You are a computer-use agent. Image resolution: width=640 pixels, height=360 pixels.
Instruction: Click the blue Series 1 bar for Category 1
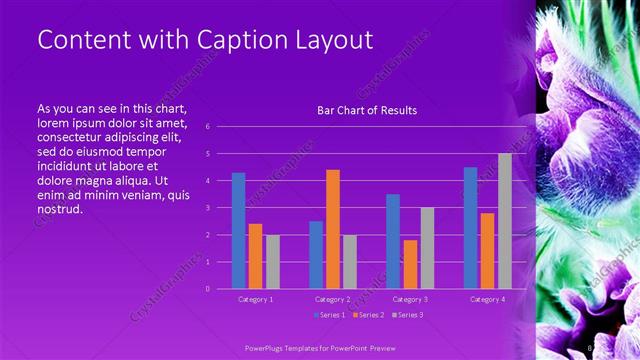click(x=238, y=230)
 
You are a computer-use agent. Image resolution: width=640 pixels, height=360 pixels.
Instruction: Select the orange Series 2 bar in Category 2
click(x=333, y=229)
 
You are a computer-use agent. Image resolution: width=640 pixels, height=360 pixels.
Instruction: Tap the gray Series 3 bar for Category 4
click(x=505, y=221)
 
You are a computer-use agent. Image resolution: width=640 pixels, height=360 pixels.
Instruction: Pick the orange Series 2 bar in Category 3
click(x=410, y=264)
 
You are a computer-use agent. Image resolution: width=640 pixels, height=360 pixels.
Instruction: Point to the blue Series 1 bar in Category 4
click(x=470, y=228)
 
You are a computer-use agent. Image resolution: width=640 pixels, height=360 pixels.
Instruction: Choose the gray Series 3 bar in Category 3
click(x=427, y=248)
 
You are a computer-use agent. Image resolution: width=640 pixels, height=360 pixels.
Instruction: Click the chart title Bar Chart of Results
click(x=367, y=110)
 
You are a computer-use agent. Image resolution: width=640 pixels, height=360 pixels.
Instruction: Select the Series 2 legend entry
click(x=367, y=315)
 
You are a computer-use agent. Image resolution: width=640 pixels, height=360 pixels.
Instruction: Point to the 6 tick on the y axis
click(x=207, y=127)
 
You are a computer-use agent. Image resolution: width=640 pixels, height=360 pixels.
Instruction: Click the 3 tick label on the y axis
click(x=207, y=208)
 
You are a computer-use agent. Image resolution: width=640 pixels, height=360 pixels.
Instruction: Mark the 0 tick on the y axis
click(x=207, y=289)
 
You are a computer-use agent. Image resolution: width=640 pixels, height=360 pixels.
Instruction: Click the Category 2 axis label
click(x=333, y=299)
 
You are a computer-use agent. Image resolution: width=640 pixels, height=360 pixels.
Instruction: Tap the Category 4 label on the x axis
click(x=487, y=299)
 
